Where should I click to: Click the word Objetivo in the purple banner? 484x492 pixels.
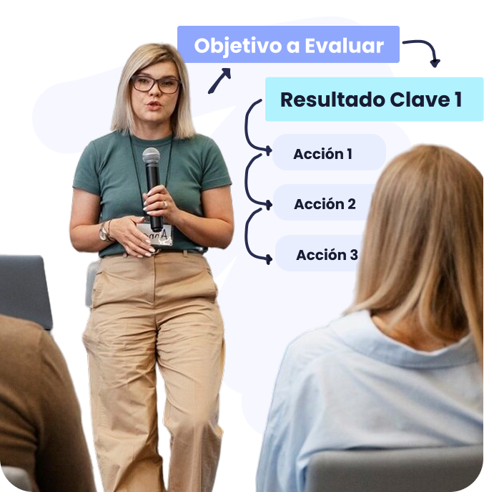pos(238,46)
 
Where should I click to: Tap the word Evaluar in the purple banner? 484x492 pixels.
pos(344,46)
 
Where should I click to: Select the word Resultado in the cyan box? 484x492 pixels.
pos(332,100)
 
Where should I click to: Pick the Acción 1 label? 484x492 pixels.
pos(322,153)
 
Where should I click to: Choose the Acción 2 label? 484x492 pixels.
pos(325,204)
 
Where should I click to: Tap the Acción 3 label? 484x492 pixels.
pos(327,254)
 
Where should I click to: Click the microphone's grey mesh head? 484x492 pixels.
pos(151,155)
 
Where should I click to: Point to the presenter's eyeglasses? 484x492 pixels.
pos(156,84)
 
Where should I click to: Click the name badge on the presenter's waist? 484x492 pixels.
pos(156,234)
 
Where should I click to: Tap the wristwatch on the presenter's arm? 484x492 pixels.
pos(104,232)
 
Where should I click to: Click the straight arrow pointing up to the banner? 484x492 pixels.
pos(219,81)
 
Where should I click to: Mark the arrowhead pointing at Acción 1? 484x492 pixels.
pos(269,150)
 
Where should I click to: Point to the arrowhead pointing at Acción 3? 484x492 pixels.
pos(269,259)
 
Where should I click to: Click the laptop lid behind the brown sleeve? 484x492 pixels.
pos(24,290)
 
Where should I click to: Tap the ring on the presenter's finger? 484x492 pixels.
pos(165,204)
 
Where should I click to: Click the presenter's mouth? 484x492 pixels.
pos(154,105)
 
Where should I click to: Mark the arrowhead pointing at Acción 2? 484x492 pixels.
pos(269,205)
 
